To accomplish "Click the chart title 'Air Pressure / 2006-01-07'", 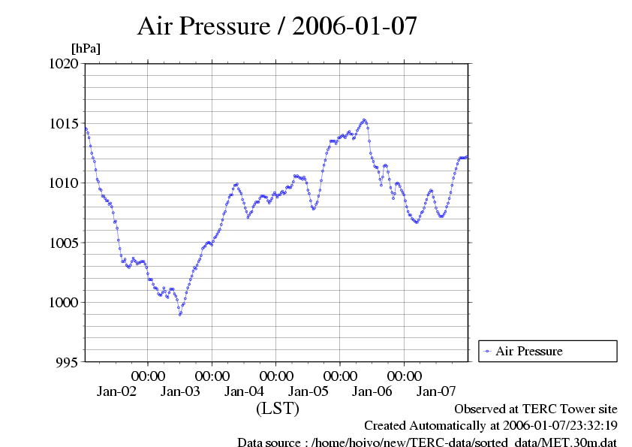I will point(277,26).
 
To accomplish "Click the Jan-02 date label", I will point(116,391).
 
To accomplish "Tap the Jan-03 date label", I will point(180,391).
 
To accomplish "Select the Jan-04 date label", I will point(244,391).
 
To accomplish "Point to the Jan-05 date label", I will point(308,391).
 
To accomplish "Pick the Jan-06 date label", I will point(372,391).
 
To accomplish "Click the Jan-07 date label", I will point(436,391).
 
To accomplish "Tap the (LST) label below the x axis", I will point(278,409).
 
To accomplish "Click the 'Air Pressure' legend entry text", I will point(528,351).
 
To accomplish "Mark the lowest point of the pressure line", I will point(180,314).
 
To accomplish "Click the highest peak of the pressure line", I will point(364,119).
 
